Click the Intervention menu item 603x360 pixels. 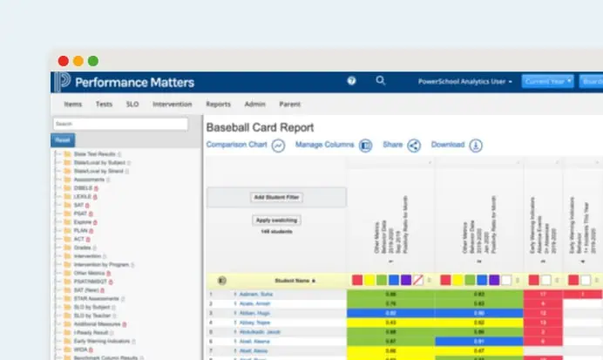(173, 104)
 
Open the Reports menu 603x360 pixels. (218, 104)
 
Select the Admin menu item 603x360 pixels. (254, 104)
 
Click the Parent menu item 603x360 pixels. (290, 104)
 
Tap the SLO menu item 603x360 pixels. (132, 104)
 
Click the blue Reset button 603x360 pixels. (63, 139)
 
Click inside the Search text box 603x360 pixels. (120, 124)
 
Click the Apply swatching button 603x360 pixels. (275, 221)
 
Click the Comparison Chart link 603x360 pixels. (236, 145)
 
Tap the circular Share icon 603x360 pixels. (414, 146)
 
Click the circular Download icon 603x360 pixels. (476, 146)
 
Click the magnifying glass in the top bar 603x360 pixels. (380, 80)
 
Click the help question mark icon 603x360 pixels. (351, 80)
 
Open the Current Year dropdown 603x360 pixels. (547, 81)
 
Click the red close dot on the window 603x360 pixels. (64, 61)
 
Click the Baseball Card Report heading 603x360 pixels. (260, 127)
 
